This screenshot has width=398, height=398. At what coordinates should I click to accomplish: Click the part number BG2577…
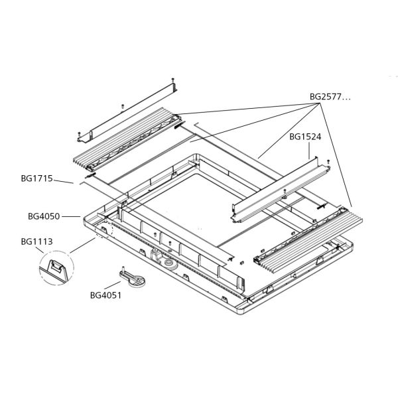tap(330, 97)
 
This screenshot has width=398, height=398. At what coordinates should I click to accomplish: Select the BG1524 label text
tap(305, 137)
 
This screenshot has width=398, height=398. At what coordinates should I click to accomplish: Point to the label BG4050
tap(44, 216)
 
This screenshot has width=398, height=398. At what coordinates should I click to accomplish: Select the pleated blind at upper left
tap(126, 143)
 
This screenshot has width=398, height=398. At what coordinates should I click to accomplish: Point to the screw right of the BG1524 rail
tap(328, 160)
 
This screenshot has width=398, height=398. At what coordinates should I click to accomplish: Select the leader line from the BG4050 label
tap(71, 216)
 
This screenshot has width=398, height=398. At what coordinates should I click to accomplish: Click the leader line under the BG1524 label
tap(311, 150)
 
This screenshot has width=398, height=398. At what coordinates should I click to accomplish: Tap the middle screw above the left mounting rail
tap(122, 105)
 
